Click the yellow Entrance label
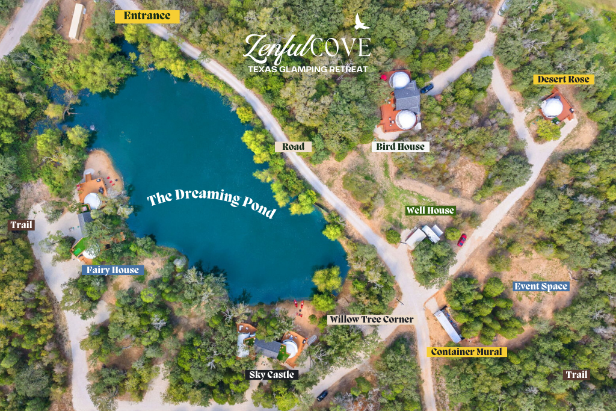click(x=147, y=16)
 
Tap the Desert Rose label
click(x=563, y=79)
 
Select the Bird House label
click(x=401, y=146)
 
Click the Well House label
click(x=430, y=211)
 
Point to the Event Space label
click(x=541, y=286)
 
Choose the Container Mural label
click(x=467, y=352)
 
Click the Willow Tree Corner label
click(x=371, y=319)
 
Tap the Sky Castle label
click(x=273, y=375)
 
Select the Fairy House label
click(x=112, y=270)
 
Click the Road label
click(x=294, y=146)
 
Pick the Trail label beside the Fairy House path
click(x=21, y=226)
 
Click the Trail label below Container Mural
click(x=576, y=375)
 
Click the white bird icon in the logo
click(x=361, y=22)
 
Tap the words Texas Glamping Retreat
click(x=308, y=69)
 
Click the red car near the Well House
click(x=461, y=240)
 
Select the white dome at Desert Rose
click(x=552, y=107)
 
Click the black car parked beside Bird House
click(x=427, y=88)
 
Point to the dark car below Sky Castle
click(x=322, y=395)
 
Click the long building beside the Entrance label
click(x=76, y=22)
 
